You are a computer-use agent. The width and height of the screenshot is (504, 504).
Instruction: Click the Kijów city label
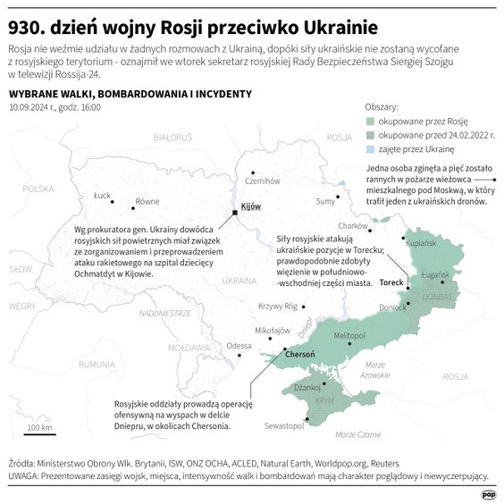(x=251, y=206)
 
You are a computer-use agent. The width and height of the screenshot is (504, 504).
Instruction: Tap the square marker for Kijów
(x=234, y=213)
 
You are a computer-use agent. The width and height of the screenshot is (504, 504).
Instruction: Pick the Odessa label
(x=239, y=345)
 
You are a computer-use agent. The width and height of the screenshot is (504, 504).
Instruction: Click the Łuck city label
(x=102, y=194)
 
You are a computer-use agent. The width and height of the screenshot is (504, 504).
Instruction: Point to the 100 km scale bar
(x=39, y=434)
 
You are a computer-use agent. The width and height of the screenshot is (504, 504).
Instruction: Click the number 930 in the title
(x=27, y=23)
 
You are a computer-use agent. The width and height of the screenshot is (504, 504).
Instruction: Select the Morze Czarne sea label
(x=355, y=433)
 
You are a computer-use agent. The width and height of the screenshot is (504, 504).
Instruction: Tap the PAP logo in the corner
(x=488, y=492)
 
